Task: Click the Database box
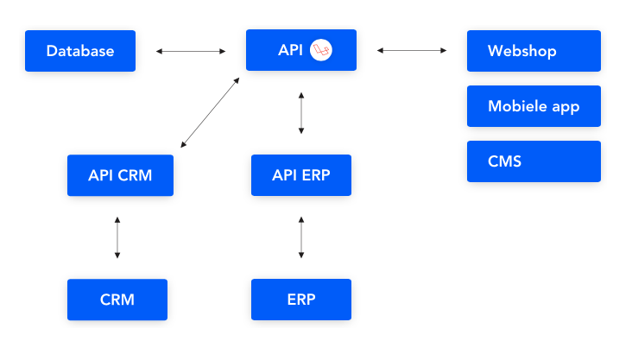coord(80,51)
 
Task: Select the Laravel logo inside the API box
coord(322,50)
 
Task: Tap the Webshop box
coord(533,51)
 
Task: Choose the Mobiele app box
coord(533,107)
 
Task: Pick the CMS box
coord(533,161)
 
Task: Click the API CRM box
coord(120,175)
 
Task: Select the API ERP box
coord(300,175)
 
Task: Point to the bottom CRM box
coord(117,300)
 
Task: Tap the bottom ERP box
coord(300,300)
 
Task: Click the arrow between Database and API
coord(191,51)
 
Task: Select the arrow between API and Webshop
coord(412,51)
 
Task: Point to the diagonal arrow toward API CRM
coord(210,111)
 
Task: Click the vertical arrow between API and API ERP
coord(300,112)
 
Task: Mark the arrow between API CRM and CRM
coord(117,237)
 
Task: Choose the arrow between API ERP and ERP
coord(300,237)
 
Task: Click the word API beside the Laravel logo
coord(290,50)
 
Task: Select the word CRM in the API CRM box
coord(136,175)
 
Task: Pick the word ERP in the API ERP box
coord(315,175)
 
